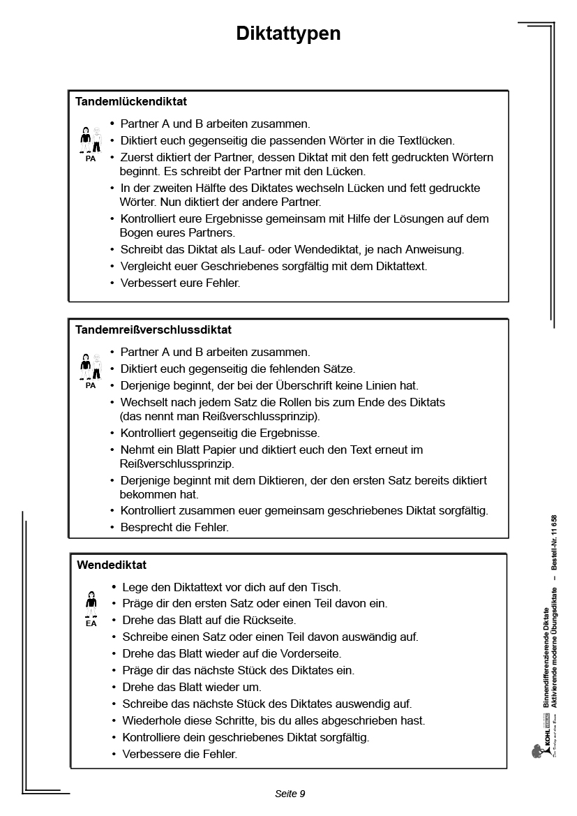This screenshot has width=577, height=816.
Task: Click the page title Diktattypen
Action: pos(288,34)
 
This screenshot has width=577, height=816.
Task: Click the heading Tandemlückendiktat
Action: pos(131,102)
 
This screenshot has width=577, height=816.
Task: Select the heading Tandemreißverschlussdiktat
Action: pos(153,329)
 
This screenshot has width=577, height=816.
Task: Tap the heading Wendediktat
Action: pos(112,565)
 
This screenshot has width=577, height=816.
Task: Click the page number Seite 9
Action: pos(290,794)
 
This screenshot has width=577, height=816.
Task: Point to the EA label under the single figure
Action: pos(91,623)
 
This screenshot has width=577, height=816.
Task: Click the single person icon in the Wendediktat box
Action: pos(91,604)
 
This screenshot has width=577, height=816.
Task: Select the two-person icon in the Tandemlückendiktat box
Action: pos(91,140)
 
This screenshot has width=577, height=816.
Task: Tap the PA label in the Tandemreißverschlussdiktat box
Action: pos(91,385)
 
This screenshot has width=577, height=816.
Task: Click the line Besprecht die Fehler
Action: pos(174,527)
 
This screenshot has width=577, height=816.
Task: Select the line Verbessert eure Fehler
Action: pos(180,283)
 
